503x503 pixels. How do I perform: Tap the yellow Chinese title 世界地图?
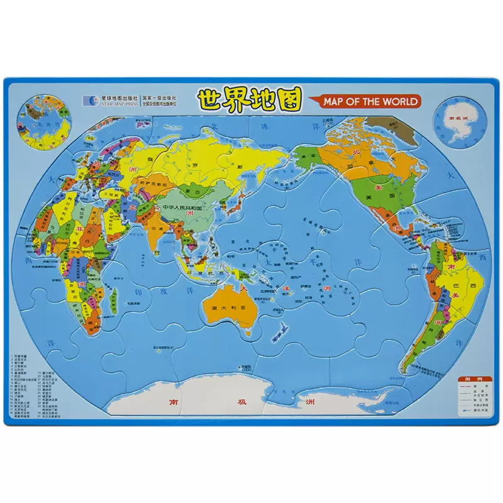[x=250, y=99]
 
